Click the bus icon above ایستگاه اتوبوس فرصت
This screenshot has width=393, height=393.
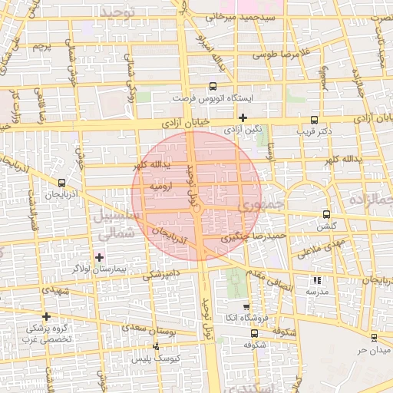(213, 87)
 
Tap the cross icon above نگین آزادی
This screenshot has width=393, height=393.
(243, 117)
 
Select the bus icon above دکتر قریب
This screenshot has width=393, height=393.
(314, 120)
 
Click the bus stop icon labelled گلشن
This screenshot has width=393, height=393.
(326, 215)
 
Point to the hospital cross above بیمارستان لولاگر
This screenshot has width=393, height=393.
(99, 256)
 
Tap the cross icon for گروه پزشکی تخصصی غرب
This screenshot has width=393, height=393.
(47, 316)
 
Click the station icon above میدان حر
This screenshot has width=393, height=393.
(374, 338)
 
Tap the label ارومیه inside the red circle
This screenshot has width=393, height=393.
(160, 187)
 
